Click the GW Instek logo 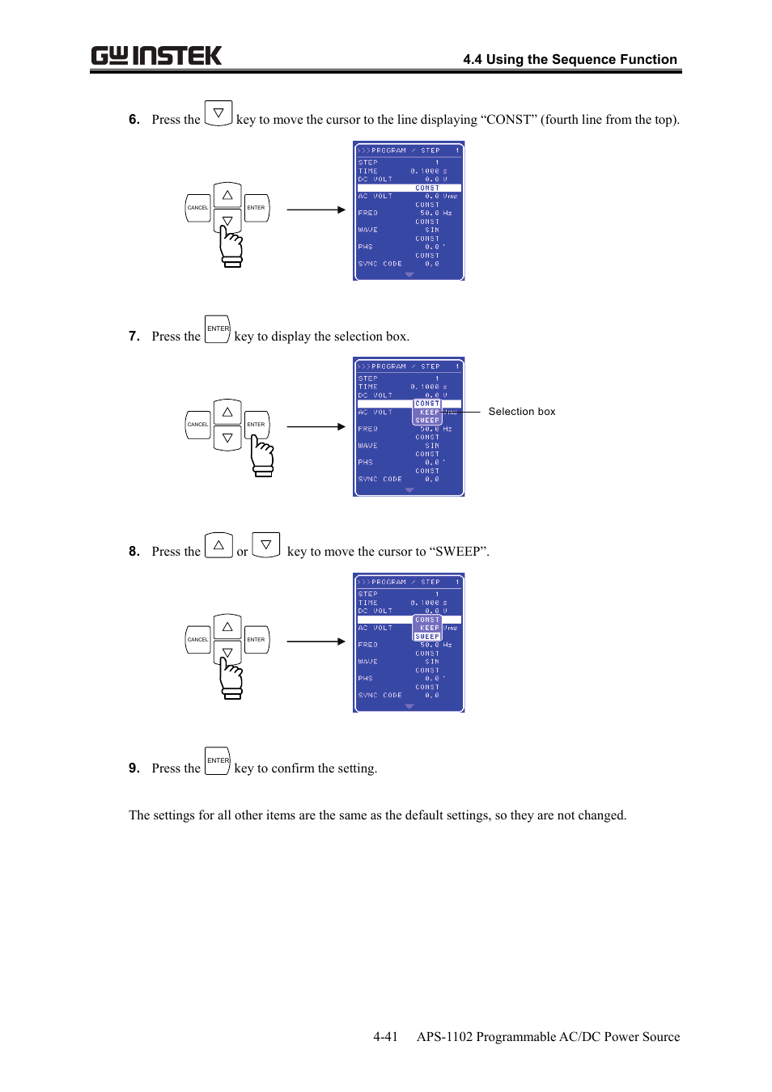coord(156,56)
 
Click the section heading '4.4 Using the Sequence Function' coord(570,59)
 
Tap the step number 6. coord(134,120)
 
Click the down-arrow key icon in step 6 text coord(218,113)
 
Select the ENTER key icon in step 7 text coord(218,329)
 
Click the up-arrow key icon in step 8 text coord(218,545)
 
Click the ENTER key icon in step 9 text coord(218,761)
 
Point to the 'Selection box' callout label coord(522,412)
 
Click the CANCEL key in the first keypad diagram coord(198,208)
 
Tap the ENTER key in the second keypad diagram coord(256,425)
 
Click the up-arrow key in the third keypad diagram coord(227,627)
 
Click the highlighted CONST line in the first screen coord(409,188)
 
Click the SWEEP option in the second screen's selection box coord(427,421)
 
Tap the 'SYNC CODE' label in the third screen coord(380,696)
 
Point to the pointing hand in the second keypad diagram coord(262,456)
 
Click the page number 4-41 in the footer coord(385,1037)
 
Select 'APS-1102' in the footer coord(444,1037)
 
